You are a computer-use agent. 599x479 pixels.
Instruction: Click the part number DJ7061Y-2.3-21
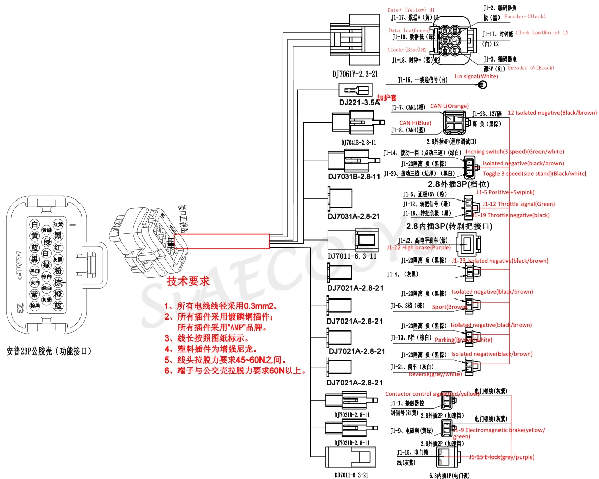coord(355,74)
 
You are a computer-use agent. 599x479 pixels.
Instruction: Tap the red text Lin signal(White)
coord(476,76)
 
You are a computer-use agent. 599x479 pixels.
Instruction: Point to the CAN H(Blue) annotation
coord(415,123)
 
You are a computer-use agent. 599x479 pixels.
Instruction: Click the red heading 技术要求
coord(188,281)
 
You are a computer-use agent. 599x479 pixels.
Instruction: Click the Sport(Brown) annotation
coord(449,307)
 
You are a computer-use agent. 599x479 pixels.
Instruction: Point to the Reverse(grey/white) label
coord(435,374)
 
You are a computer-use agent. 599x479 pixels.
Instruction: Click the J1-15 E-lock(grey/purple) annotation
coord(501,457)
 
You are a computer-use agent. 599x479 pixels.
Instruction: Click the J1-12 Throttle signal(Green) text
coord(518,204)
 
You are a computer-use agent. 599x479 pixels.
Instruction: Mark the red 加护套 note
coord(387,97)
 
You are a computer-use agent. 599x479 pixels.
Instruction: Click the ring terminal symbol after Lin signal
coord(483,85)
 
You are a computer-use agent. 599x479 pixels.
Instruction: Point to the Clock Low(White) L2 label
coord(542,33)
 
